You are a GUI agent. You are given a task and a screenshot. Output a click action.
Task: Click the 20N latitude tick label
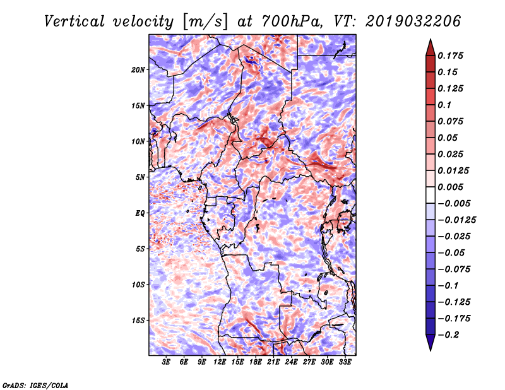(138, 70)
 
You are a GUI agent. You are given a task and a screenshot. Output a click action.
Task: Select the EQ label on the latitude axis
(140, 213)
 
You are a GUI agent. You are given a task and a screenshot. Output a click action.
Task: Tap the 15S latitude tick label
(138, 321)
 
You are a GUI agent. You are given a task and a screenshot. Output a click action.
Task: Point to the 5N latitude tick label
(140, 177)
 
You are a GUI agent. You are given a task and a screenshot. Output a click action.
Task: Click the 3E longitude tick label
(166, 362)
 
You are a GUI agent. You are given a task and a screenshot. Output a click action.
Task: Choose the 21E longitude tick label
(273, 362)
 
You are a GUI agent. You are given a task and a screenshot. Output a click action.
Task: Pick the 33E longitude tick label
(345, 362)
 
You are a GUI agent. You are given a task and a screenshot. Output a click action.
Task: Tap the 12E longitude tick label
(219, 362)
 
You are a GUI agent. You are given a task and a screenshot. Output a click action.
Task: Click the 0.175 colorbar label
(450, 56)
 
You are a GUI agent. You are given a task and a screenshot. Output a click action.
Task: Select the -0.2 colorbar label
(448, 335)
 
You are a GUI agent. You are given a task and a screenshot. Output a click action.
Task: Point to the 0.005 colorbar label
(450, 187)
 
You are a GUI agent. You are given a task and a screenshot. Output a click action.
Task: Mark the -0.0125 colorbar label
(456, 220)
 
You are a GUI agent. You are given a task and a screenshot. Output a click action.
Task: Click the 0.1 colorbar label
(444, 105)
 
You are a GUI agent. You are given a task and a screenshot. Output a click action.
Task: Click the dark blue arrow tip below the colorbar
(431, 350)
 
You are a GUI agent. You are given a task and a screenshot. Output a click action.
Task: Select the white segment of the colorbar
(431, 195)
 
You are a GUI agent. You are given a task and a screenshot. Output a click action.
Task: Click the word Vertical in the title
(74, 21)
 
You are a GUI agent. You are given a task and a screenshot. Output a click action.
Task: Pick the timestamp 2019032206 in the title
(413, 21)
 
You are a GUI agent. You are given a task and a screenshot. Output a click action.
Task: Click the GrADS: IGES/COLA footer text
(35, 385)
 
